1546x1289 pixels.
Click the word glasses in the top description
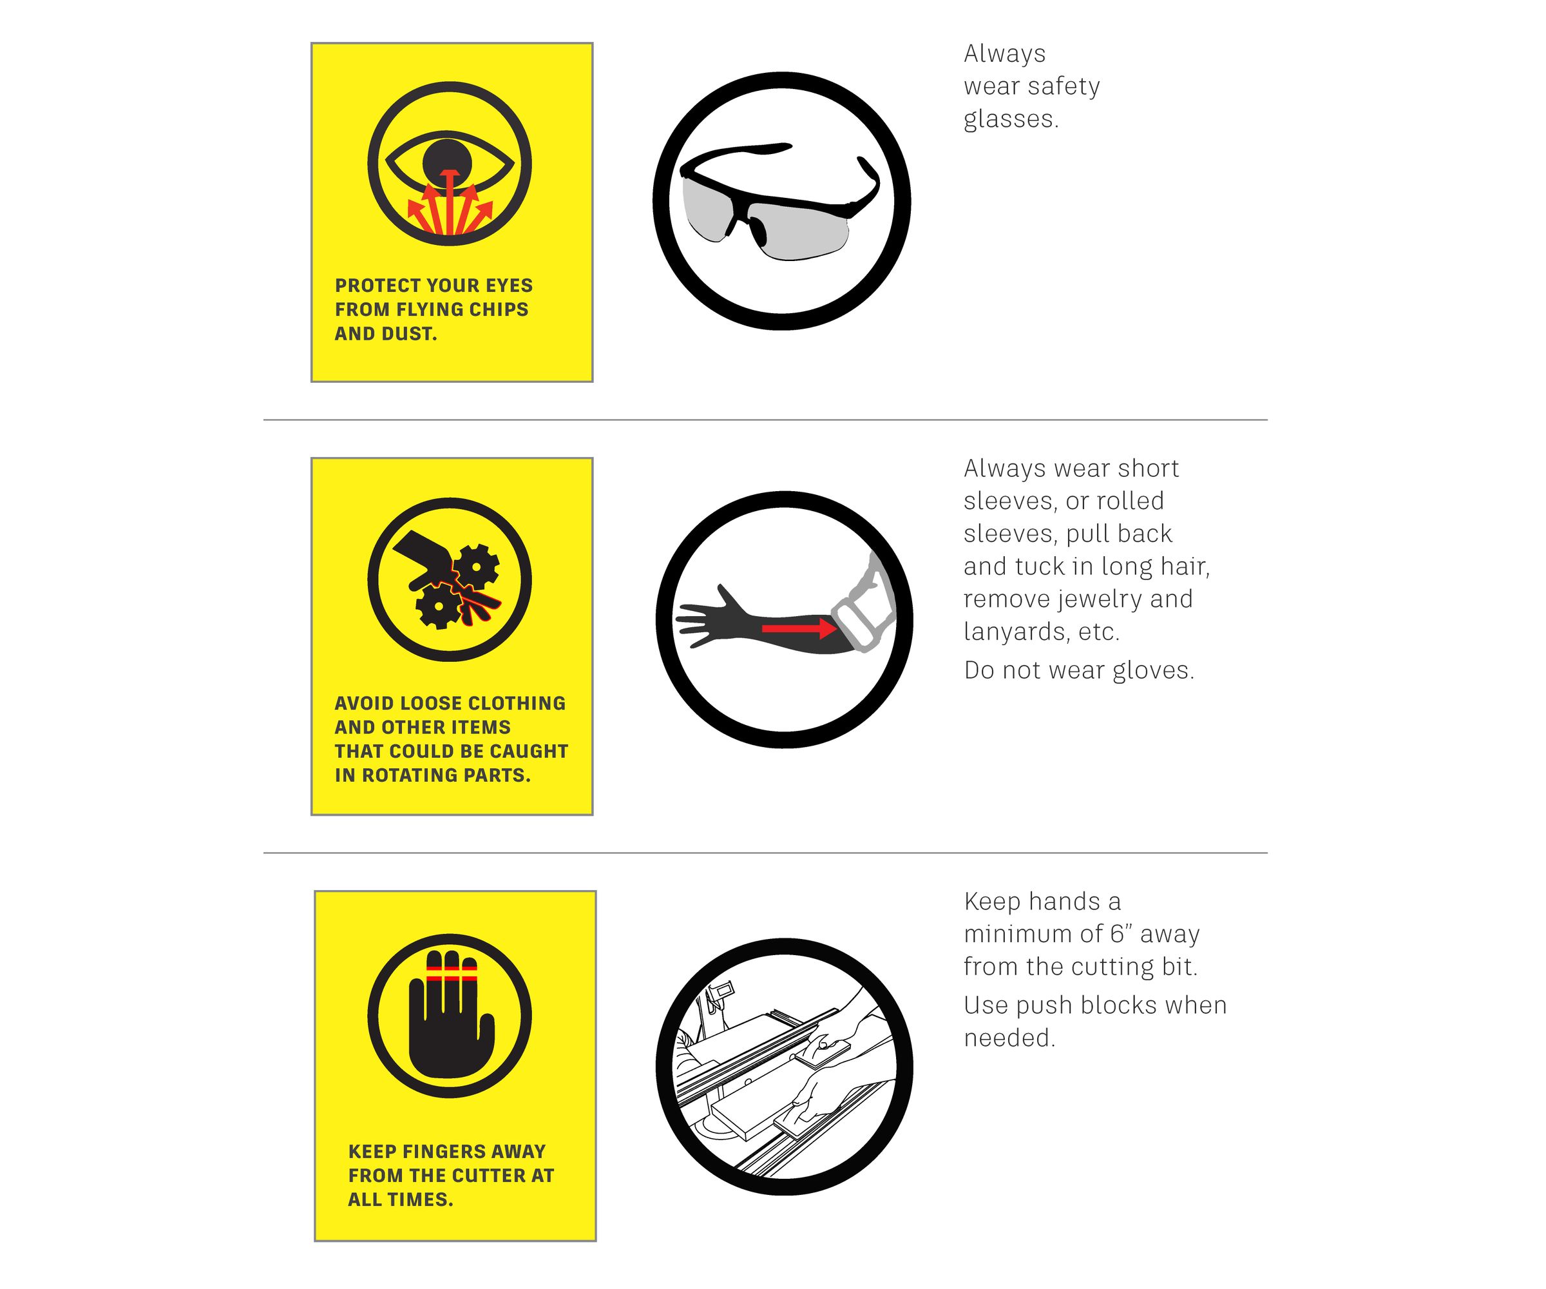tap(1011, 119)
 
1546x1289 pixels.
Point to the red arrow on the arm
tap(799, 628)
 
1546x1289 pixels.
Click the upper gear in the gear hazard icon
tap(475, 567)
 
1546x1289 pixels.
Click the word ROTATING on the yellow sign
tap(408, 775)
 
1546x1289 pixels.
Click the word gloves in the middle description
tap(1153, 670)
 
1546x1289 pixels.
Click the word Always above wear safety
tap(1005, 53)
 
